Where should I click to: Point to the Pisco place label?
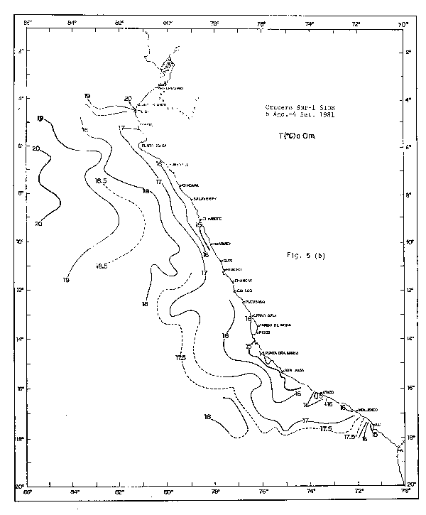pyautogui.click(x=264, y=332)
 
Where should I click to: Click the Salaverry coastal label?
pyautogui.click(x=204, y=198)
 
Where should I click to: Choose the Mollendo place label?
pyautogui.click(x=368, y=410)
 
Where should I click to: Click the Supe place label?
pyautogui.click(x=229, y=261)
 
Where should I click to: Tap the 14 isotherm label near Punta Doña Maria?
pyautogui.click(x=249, y=346)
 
